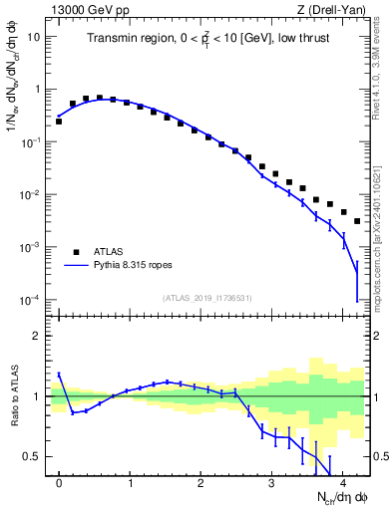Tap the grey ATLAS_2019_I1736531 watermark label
pyautogui.click(x=206, y=298)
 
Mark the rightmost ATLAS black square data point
pyautogui.click(x=357, y=220)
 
